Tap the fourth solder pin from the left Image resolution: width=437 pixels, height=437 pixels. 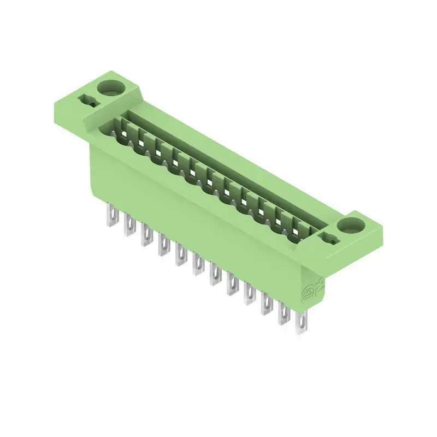pyautogui.click(x=163, y=246)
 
